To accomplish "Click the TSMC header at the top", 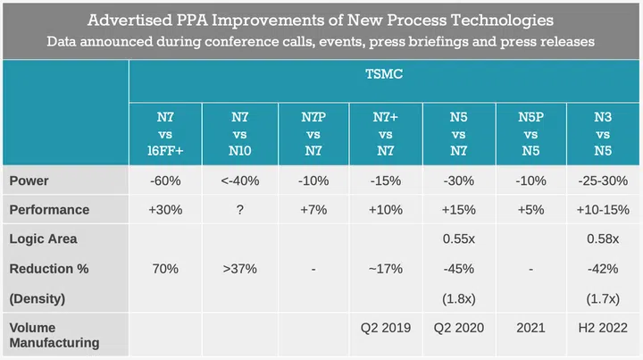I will pos(386,77).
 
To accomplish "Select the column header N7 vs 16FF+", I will pos(167,133).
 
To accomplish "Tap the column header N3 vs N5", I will pos(605,133).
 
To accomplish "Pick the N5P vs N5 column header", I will pos(532,133).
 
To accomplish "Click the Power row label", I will pos(29,180).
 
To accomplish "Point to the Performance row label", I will pos(49,210).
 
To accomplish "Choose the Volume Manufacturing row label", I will pos(54,335).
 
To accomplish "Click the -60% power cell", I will pos(167,180).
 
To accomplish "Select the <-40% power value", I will pos(240,180).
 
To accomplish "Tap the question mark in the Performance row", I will pos(240,210).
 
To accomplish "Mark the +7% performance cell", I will pos(313,210).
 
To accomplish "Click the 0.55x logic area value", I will pos(459,239).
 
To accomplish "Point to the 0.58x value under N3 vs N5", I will pos(605,239).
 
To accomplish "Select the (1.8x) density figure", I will pos(459,297).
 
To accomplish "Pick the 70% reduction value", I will pos(167,269).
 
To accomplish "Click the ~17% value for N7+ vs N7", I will pos(386,269).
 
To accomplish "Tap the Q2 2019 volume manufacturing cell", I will pos(386,328).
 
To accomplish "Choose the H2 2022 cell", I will pos(605,328).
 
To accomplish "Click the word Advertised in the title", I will pos(131,19).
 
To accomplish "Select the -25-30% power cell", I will pos(605,180).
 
